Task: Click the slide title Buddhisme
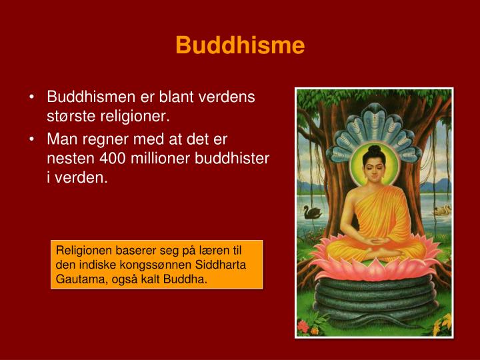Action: click(240, 45)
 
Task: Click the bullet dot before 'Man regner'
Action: click(33, 139)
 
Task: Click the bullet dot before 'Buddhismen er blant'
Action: click(33, 97)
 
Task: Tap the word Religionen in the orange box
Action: click(81, 251)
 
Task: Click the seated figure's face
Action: click(375, 167)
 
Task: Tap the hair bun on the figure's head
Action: click(375, 149)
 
